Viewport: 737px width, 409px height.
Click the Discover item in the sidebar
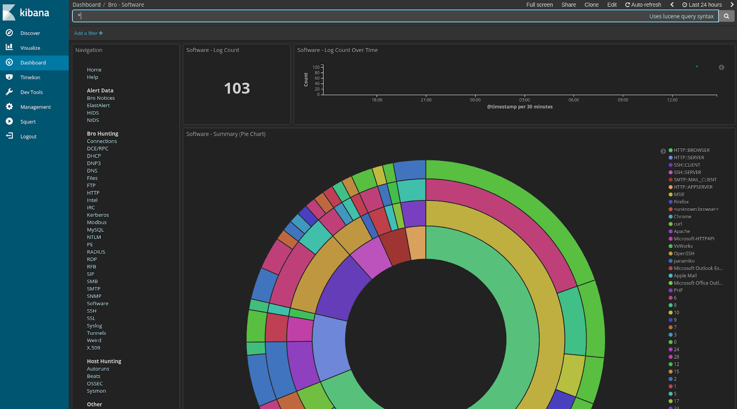tap(30, 33)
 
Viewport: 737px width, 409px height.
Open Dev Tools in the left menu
tap(31, 92)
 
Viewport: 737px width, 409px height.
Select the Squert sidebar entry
tap(28, 122)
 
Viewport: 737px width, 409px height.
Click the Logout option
tap(28, 136)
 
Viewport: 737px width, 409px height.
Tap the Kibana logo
tap(26, 13)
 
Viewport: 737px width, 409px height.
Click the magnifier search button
tap(726, 16)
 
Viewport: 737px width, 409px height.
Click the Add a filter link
tap(88, 33)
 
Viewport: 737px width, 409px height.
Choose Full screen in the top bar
tap(539, 5)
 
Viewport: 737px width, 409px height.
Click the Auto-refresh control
tap(643, 5)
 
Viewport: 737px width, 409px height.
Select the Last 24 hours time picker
tap(702, 5)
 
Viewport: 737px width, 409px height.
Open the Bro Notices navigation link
tap(101, 98)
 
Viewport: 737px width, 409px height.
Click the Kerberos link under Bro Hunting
tap(98, 215)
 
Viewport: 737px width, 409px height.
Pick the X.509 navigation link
tap(94, 348)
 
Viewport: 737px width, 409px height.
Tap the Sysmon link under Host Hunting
tap(96, 391)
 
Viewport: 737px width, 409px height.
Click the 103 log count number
tap(237, 88)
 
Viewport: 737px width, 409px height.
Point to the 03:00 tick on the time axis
tap(525, 100)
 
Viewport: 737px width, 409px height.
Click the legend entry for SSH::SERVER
tap(687, 172)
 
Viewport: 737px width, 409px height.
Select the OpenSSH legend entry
tap(684, 253)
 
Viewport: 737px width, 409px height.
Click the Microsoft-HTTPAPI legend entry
tap(694, 239)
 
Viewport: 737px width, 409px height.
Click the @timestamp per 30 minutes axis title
tap(520, 107)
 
